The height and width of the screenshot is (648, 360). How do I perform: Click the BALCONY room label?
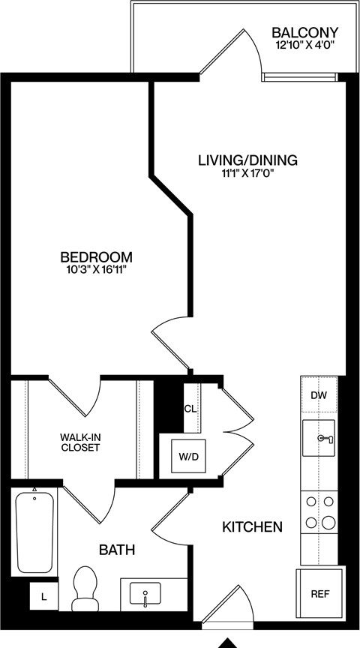pyautogui.click(x=304, y=33)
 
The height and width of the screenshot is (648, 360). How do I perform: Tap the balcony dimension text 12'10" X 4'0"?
pyautogui.click(x=304, y=46)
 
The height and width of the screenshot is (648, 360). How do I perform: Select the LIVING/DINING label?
pyautogui.click(x=247, y=160)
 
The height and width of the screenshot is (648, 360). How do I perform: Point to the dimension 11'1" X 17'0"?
pyautogui.click(x=247, y=174)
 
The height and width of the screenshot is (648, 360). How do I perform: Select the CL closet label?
pyautogui.click(x=190, y=409)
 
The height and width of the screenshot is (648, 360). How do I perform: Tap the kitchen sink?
pyautogui.click(x=319, y=438)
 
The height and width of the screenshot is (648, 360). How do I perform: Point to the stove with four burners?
pyautogui.click(x=319, y=511)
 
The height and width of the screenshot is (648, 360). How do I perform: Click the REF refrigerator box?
pyautogui.click(x=319, y=593)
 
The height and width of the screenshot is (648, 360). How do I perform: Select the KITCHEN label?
pyautogui.click(x=252, y=527)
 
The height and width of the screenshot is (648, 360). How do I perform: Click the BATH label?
pyautogui.click(x=117, y=550)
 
